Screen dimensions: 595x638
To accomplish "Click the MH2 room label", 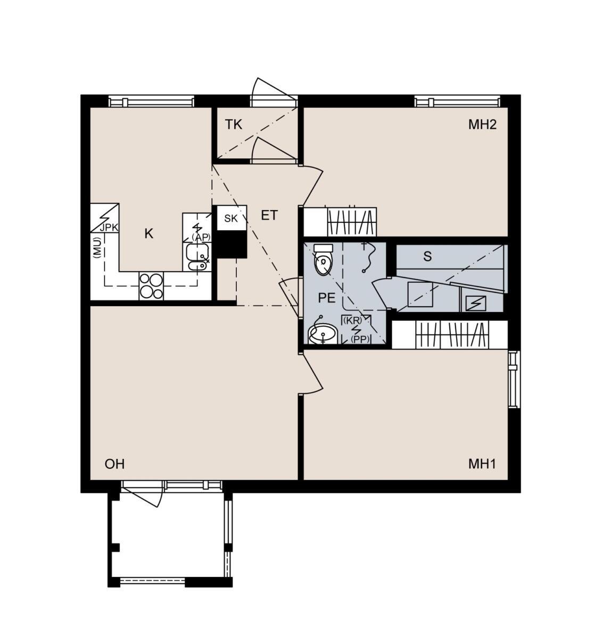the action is click(482, 124).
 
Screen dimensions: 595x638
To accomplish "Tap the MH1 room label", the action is click(482, 464).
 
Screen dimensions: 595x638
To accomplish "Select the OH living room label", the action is click(114, 464).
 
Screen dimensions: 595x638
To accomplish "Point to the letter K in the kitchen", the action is click(148, 233).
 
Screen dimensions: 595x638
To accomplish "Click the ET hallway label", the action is click(269, 215).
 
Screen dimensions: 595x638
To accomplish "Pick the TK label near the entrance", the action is click(234, 124).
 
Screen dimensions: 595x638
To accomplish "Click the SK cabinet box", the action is click(232, 218).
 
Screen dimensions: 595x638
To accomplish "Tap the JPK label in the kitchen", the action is click(109, 228).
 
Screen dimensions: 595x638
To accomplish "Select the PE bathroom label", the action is click(326, 298).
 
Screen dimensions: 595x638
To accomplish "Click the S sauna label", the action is click(427, 256).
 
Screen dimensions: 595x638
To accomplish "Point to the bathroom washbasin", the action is click(322, 334).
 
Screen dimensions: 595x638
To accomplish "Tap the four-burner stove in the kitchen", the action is click(151, 286).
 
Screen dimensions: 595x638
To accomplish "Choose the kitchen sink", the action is click(197, 257).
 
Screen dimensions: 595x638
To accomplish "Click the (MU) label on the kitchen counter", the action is click(97, 248).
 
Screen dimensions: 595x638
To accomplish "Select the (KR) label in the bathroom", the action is click(352, 320).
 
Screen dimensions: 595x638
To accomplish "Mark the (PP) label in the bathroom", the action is click(360, 339).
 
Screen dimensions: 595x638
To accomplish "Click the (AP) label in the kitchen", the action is click(201, 237).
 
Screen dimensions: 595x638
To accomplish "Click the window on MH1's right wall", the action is click(514, 379).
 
